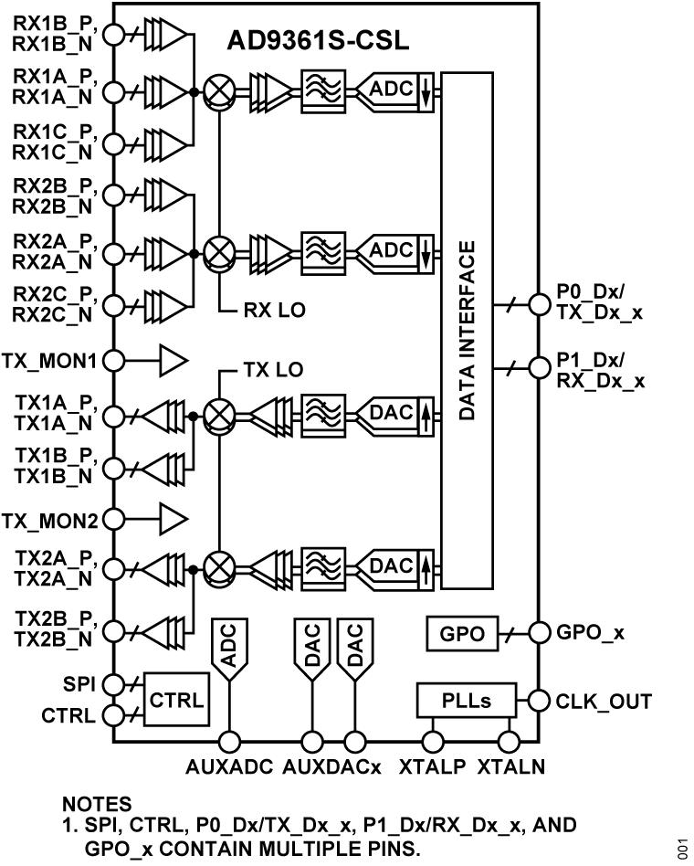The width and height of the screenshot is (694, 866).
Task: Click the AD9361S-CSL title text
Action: click(x=319, y=43)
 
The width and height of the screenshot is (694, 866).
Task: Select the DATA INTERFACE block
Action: click(x=466, y=331)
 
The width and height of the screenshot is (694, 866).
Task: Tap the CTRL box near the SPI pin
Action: click(x=175, y=700)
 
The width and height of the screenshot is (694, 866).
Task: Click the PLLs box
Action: click(x=466, y=702)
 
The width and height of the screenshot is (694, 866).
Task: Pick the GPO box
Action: click(x=461, y=631)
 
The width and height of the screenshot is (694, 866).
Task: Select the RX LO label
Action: click(x=275, y=311)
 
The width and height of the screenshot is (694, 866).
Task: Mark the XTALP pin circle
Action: click(x=431, y=742)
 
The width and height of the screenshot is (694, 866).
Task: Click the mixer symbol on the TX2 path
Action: click(x=219, y=567)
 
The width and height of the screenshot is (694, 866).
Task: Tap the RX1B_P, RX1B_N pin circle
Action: click(x=114, y=35)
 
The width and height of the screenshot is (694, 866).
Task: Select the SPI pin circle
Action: click(x=114, y=683)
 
